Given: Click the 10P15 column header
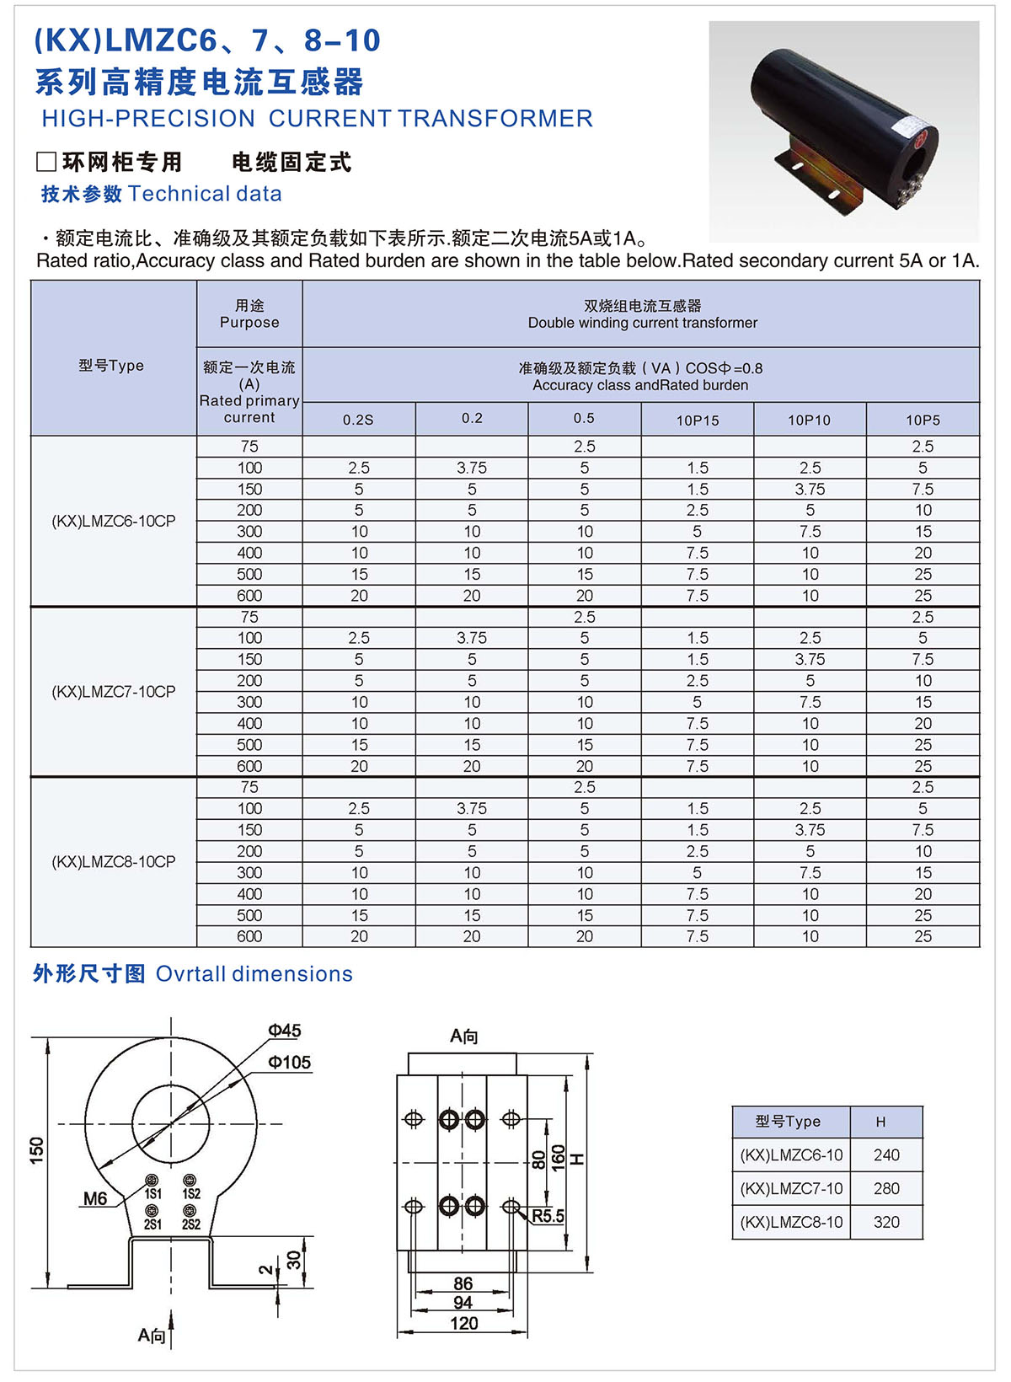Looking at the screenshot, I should (698, 420).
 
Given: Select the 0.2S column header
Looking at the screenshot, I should (358, 420).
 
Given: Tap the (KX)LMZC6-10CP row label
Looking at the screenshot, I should (114, 521).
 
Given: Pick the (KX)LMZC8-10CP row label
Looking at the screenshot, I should (114, 861).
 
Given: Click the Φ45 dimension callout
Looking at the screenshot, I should (285, 1031).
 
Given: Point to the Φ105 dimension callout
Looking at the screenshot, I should (290, 1063).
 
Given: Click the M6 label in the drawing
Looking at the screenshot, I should (95, 1198).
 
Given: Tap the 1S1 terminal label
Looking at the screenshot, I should (152, 1193).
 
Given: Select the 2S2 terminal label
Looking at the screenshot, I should (191, 1224).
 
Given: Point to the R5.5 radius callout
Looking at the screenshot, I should (548, 1216).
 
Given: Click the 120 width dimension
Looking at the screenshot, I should (463, 1323).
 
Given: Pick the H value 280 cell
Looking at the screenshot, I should (886, 1188).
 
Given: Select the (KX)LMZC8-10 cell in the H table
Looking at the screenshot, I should (791, 1222).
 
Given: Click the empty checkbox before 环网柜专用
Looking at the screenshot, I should (46, 162).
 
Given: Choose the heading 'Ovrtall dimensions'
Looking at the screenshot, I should (254, 974).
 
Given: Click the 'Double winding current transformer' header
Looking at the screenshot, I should (642, 323).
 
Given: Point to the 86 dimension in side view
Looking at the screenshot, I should (463, 1283).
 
